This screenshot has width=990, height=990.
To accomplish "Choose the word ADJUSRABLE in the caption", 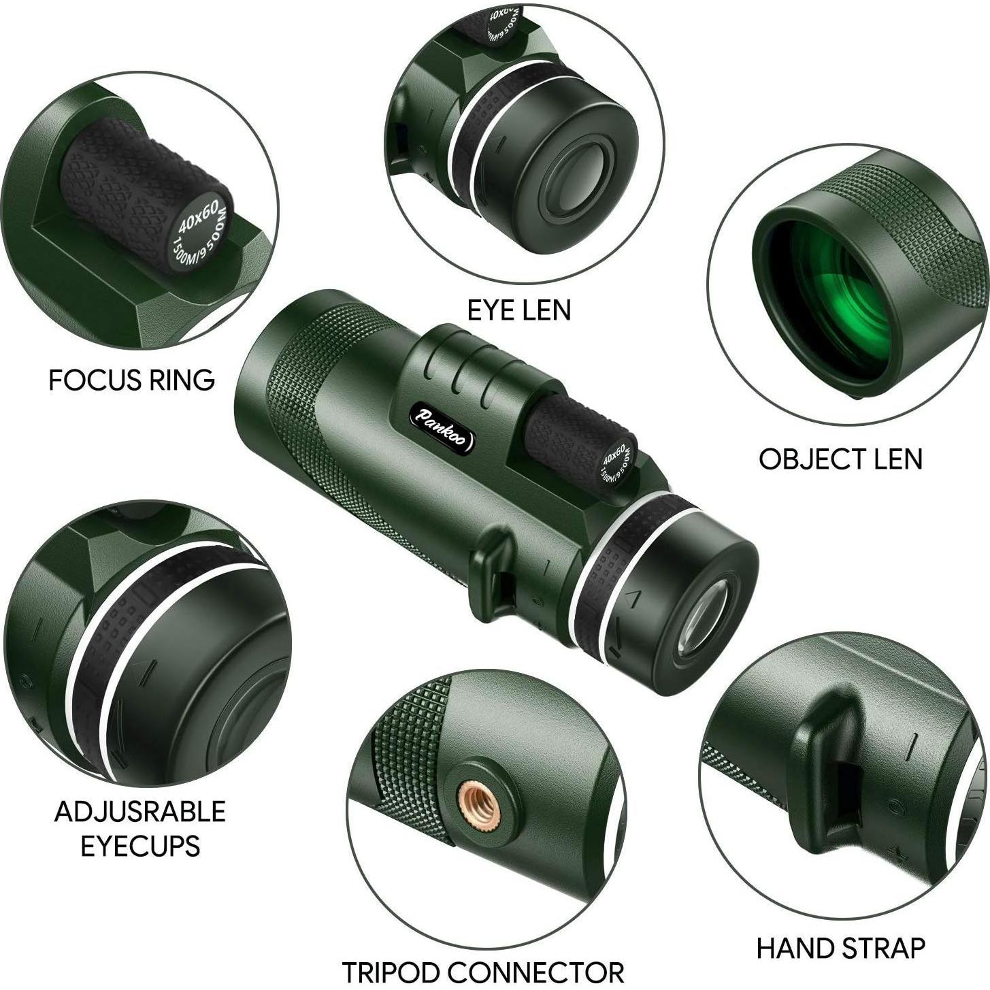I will coord(140,812).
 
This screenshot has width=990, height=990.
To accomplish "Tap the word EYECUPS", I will coord(140,846).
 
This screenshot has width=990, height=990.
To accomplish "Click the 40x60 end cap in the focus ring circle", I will coord(201,235).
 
